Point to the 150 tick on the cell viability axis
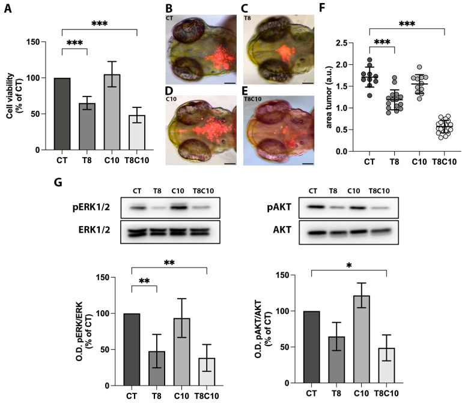pyautogui.click(x=38, y=42)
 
